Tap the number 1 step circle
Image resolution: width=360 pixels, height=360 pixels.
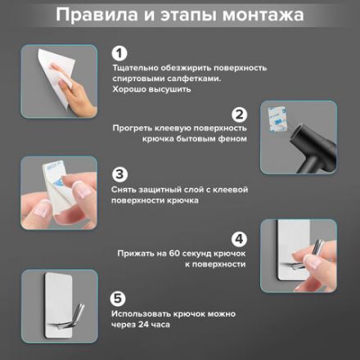(119, 54)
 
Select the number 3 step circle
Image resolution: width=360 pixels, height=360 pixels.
(119, 174)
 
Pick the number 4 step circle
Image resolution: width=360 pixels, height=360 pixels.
(240, 240)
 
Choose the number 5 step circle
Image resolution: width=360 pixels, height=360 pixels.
(119, 298)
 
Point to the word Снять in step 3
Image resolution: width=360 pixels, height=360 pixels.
(124, 189)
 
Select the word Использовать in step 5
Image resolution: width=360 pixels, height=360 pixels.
(141, 313)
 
